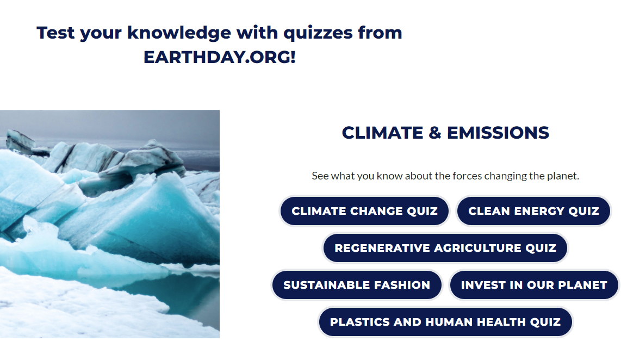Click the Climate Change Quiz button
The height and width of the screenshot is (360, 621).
point(364,211)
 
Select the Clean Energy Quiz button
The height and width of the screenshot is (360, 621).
point(533,211)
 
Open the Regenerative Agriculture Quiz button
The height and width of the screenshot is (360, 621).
point(445,248)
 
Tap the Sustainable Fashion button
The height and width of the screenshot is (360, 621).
point(356,285)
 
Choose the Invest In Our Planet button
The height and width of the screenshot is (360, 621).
point(534,285)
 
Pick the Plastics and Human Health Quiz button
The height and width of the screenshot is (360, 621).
point(445,322)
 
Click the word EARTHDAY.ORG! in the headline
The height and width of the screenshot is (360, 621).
point(219,57)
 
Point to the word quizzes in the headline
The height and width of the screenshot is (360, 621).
point(318,33)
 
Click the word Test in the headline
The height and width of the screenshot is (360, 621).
point(55,33)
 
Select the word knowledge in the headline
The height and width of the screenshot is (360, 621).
point(179,33)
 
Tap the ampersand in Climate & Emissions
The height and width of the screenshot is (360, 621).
point(435,133)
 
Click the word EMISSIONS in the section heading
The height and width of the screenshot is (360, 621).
point(498,133)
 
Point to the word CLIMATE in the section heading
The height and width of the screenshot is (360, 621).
point(383,133)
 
